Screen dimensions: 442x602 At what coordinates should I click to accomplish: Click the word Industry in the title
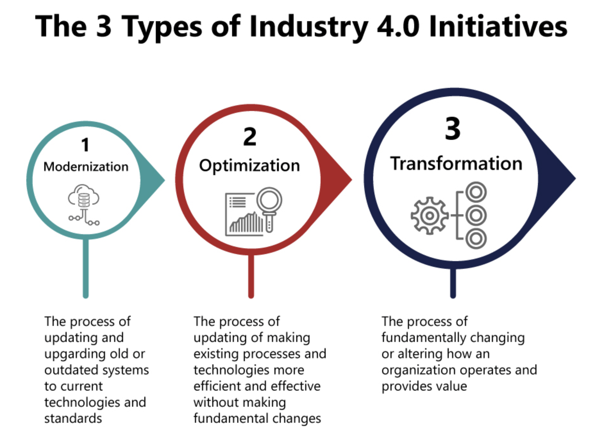click(309, 27)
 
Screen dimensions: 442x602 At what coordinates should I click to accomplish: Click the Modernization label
click(86, 167)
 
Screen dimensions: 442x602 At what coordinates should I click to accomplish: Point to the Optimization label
click(249, 166)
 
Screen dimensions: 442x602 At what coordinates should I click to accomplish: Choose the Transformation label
click(456, 163)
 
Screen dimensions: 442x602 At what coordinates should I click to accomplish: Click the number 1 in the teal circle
click(85, 145)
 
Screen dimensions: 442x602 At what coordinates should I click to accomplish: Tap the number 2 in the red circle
click(250, 137)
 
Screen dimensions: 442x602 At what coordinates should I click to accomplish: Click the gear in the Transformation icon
click(429, 216)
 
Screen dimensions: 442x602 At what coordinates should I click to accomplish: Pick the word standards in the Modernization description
click(73, 419)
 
